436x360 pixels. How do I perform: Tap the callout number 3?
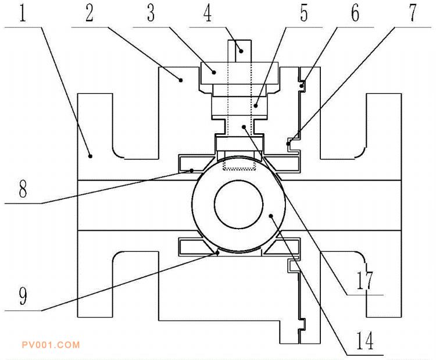[x=152, y=13]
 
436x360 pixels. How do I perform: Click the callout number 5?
[x=303, y=13]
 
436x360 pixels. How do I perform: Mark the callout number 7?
[x=413, y=13]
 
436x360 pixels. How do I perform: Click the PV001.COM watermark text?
[x=50, y=345]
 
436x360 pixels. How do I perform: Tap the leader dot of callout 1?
[x=90, y=155]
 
